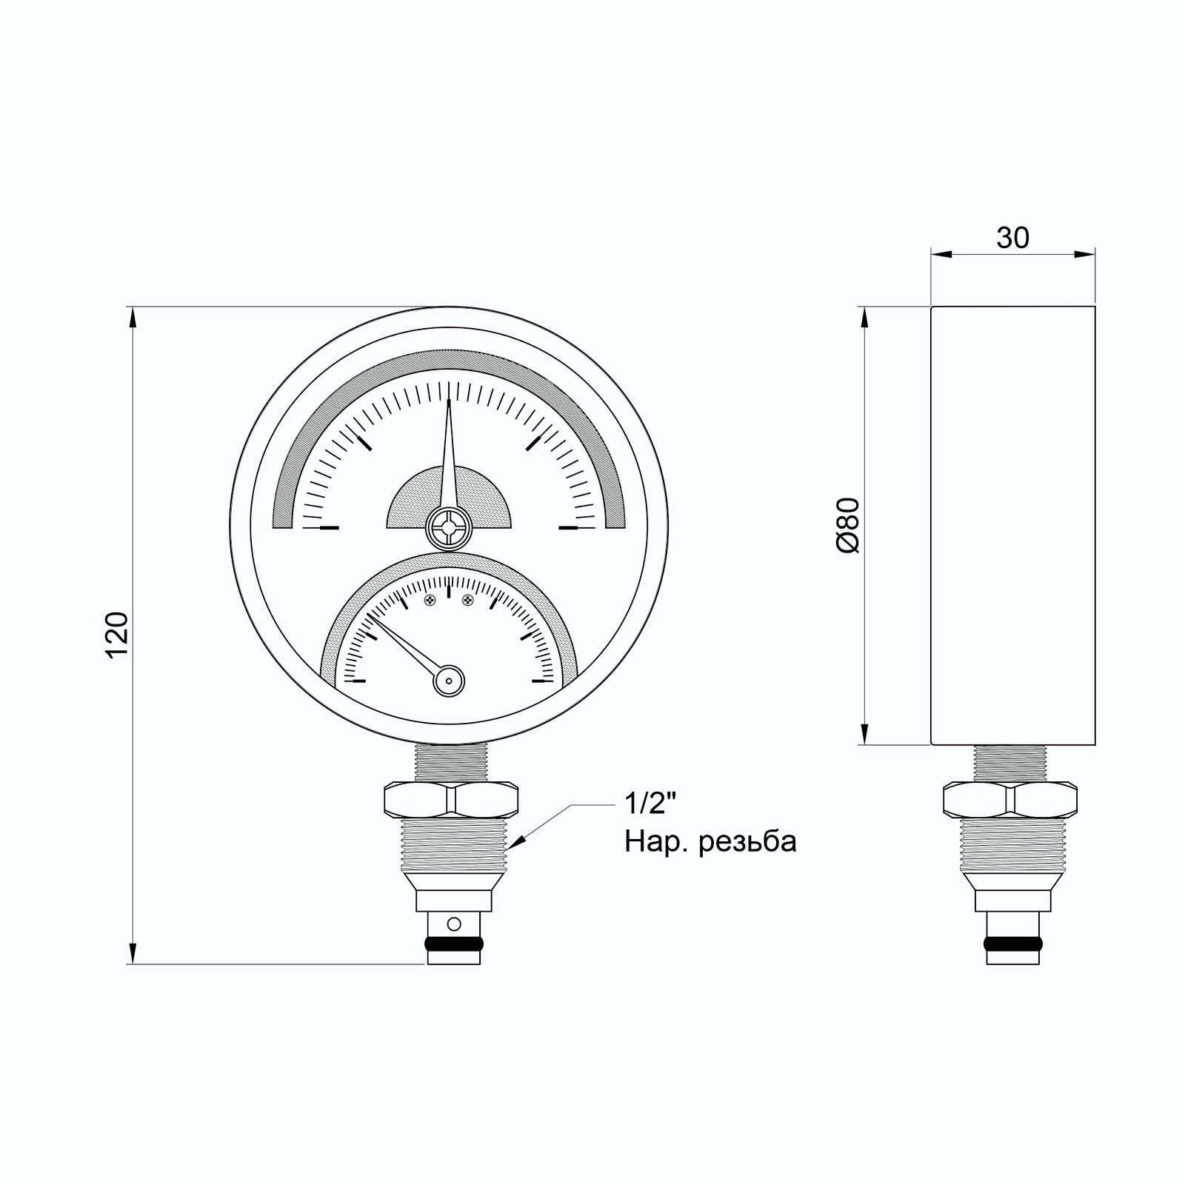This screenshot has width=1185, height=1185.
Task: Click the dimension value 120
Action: coord(118,635)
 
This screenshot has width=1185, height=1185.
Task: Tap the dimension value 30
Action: coord(1012,238)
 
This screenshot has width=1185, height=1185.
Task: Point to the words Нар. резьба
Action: coord(710,843)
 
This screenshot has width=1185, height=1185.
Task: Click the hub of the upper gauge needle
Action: coord(448,529)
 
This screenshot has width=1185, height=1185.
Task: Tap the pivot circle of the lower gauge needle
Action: coord(449,680)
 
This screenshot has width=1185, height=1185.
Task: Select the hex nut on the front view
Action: coord(450,798)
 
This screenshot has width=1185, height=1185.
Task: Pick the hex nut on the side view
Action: coord(1010,798)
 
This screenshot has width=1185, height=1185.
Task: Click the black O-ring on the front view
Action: coord(453,944)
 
